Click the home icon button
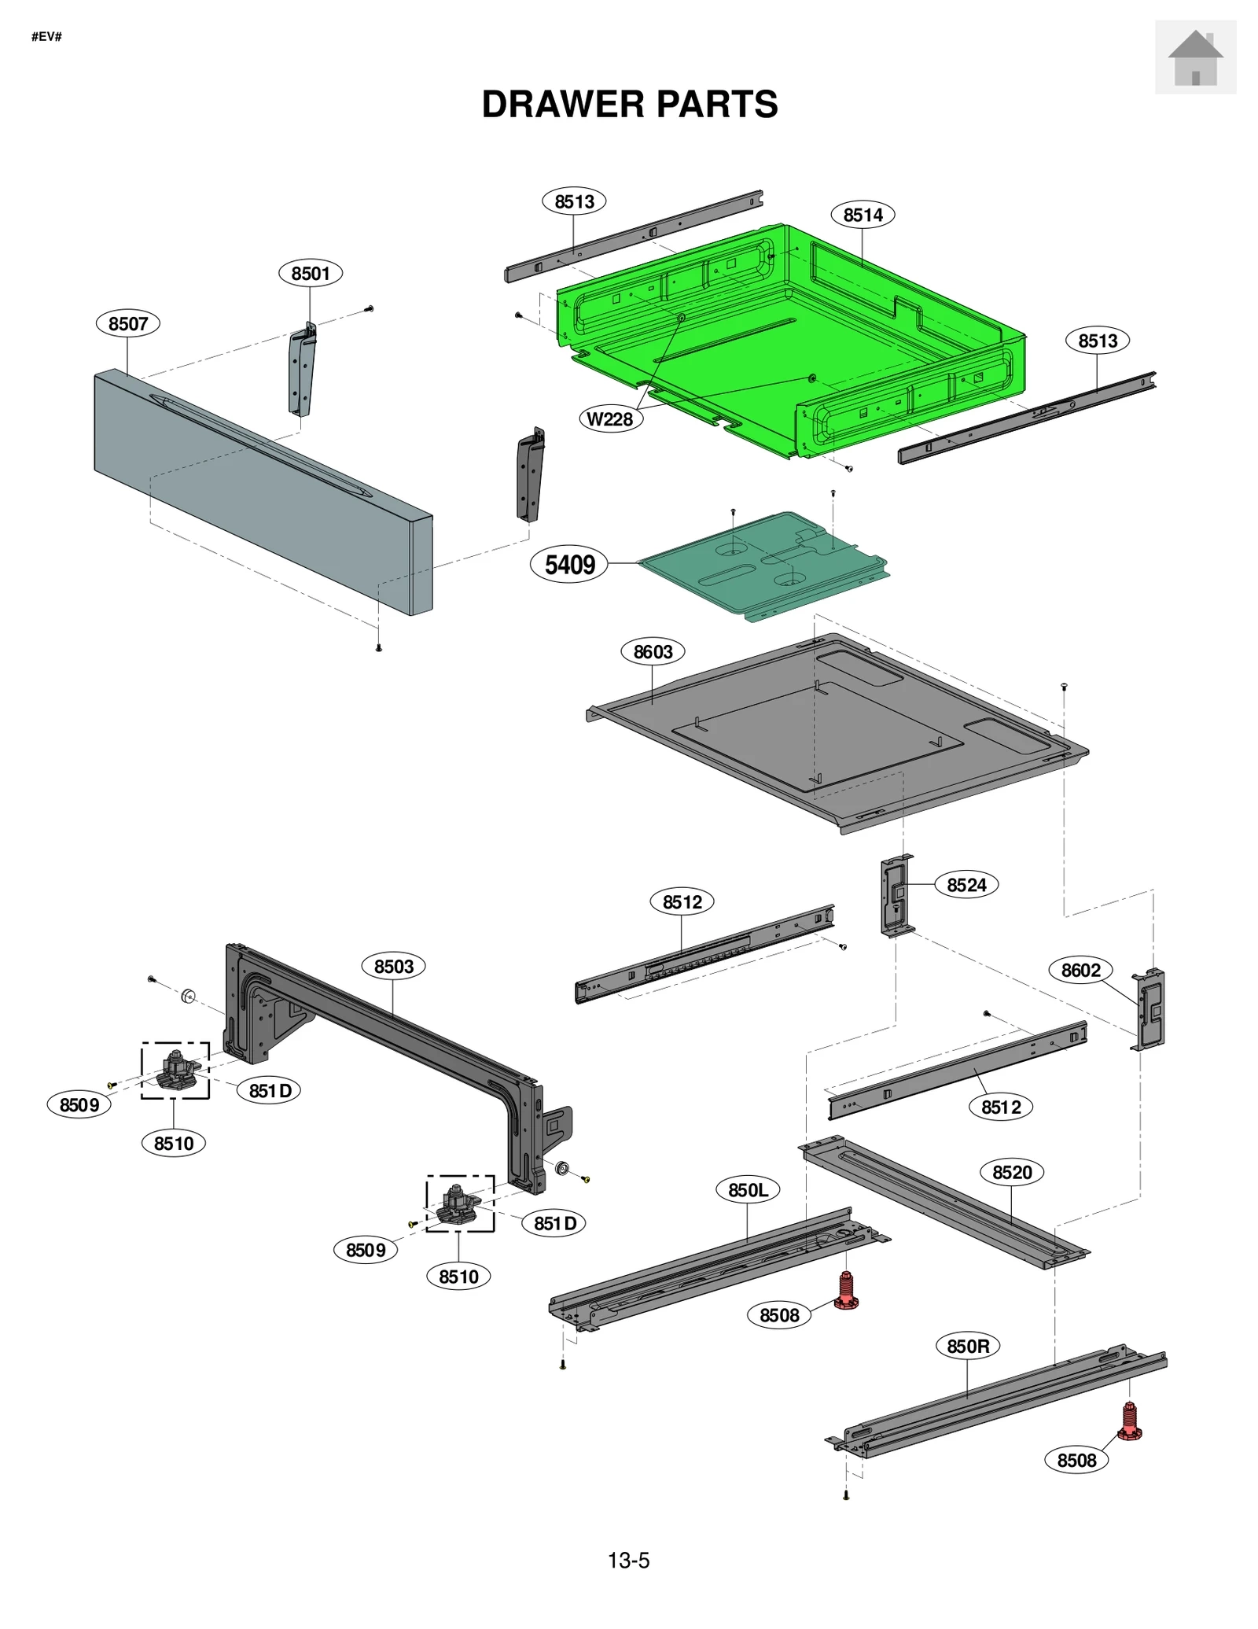click(1194, 57)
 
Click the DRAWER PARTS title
click(629, 105)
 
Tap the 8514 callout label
click(863, 215)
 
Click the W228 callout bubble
click(610, 419)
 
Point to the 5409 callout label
click(569, 564)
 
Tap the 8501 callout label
click(311, 273)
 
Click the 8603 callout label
click(653, 651)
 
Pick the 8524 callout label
click(966, 885)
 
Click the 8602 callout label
click(1081, 970)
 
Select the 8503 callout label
click(393, 966)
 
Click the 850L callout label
click(748, 1190)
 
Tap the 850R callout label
click(968, 1346)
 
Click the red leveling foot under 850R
click(1129, 1421)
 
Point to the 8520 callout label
click(1012, 1173)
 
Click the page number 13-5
click(628, 1561)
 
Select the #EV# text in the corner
click(46, 37)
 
